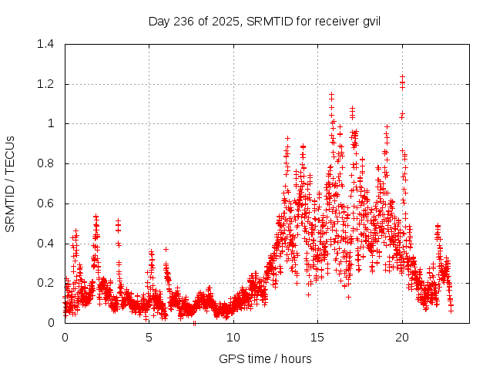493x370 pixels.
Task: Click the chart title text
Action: [264, 20]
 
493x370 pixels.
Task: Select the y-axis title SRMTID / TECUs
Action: [11, 183]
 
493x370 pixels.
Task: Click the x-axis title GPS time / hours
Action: [265, 358]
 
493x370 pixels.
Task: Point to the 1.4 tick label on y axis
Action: [45, 44]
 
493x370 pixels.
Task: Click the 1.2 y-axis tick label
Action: [45, 84]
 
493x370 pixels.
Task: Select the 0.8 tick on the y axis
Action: [45, 163]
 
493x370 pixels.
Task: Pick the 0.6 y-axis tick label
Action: [45, 203]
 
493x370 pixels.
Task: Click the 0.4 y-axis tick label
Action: [45, 244]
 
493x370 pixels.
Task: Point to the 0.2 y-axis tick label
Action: [45, 283]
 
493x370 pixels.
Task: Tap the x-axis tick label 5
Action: [149, 337]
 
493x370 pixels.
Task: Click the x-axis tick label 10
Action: [233, 337]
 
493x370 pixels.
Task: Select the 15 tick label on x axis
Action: [317, 337]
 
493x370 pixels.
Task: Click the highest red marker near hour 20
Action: [402, 76]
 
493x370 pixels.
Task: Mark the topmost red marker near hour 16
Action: [332, 95]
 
